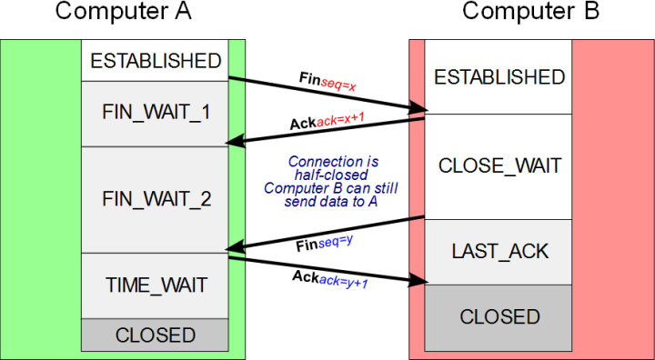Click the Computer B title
pyautogui.click(x=530, y=13)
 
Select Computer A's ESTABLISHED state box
pyautogui.click(x=155, y=61)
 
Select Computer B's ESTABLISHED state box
pyautogui.click(x=499, y=77)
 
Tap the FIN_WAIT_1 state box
pyautogui.click(x=155, y=113)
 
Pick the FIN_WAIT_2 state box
pyautogui.click(x=155, y=199)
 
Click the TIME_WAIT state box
pyautogui.click(x=155, y=285)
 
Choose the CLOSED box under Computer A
pyautogui.click(x=155, y=335)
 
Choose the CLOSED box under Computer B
pyautogui.click(x=499, y=316)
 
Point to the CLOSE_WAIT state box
pyautogui.click(x=499, y=166)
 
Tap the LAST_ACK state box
pyautogui.click(x=499, y=252)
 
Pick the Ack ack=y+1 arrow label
pyautogui.click(x=329, y=279)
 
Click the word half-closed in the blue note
pyautogui.click(x=330, y=175)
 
